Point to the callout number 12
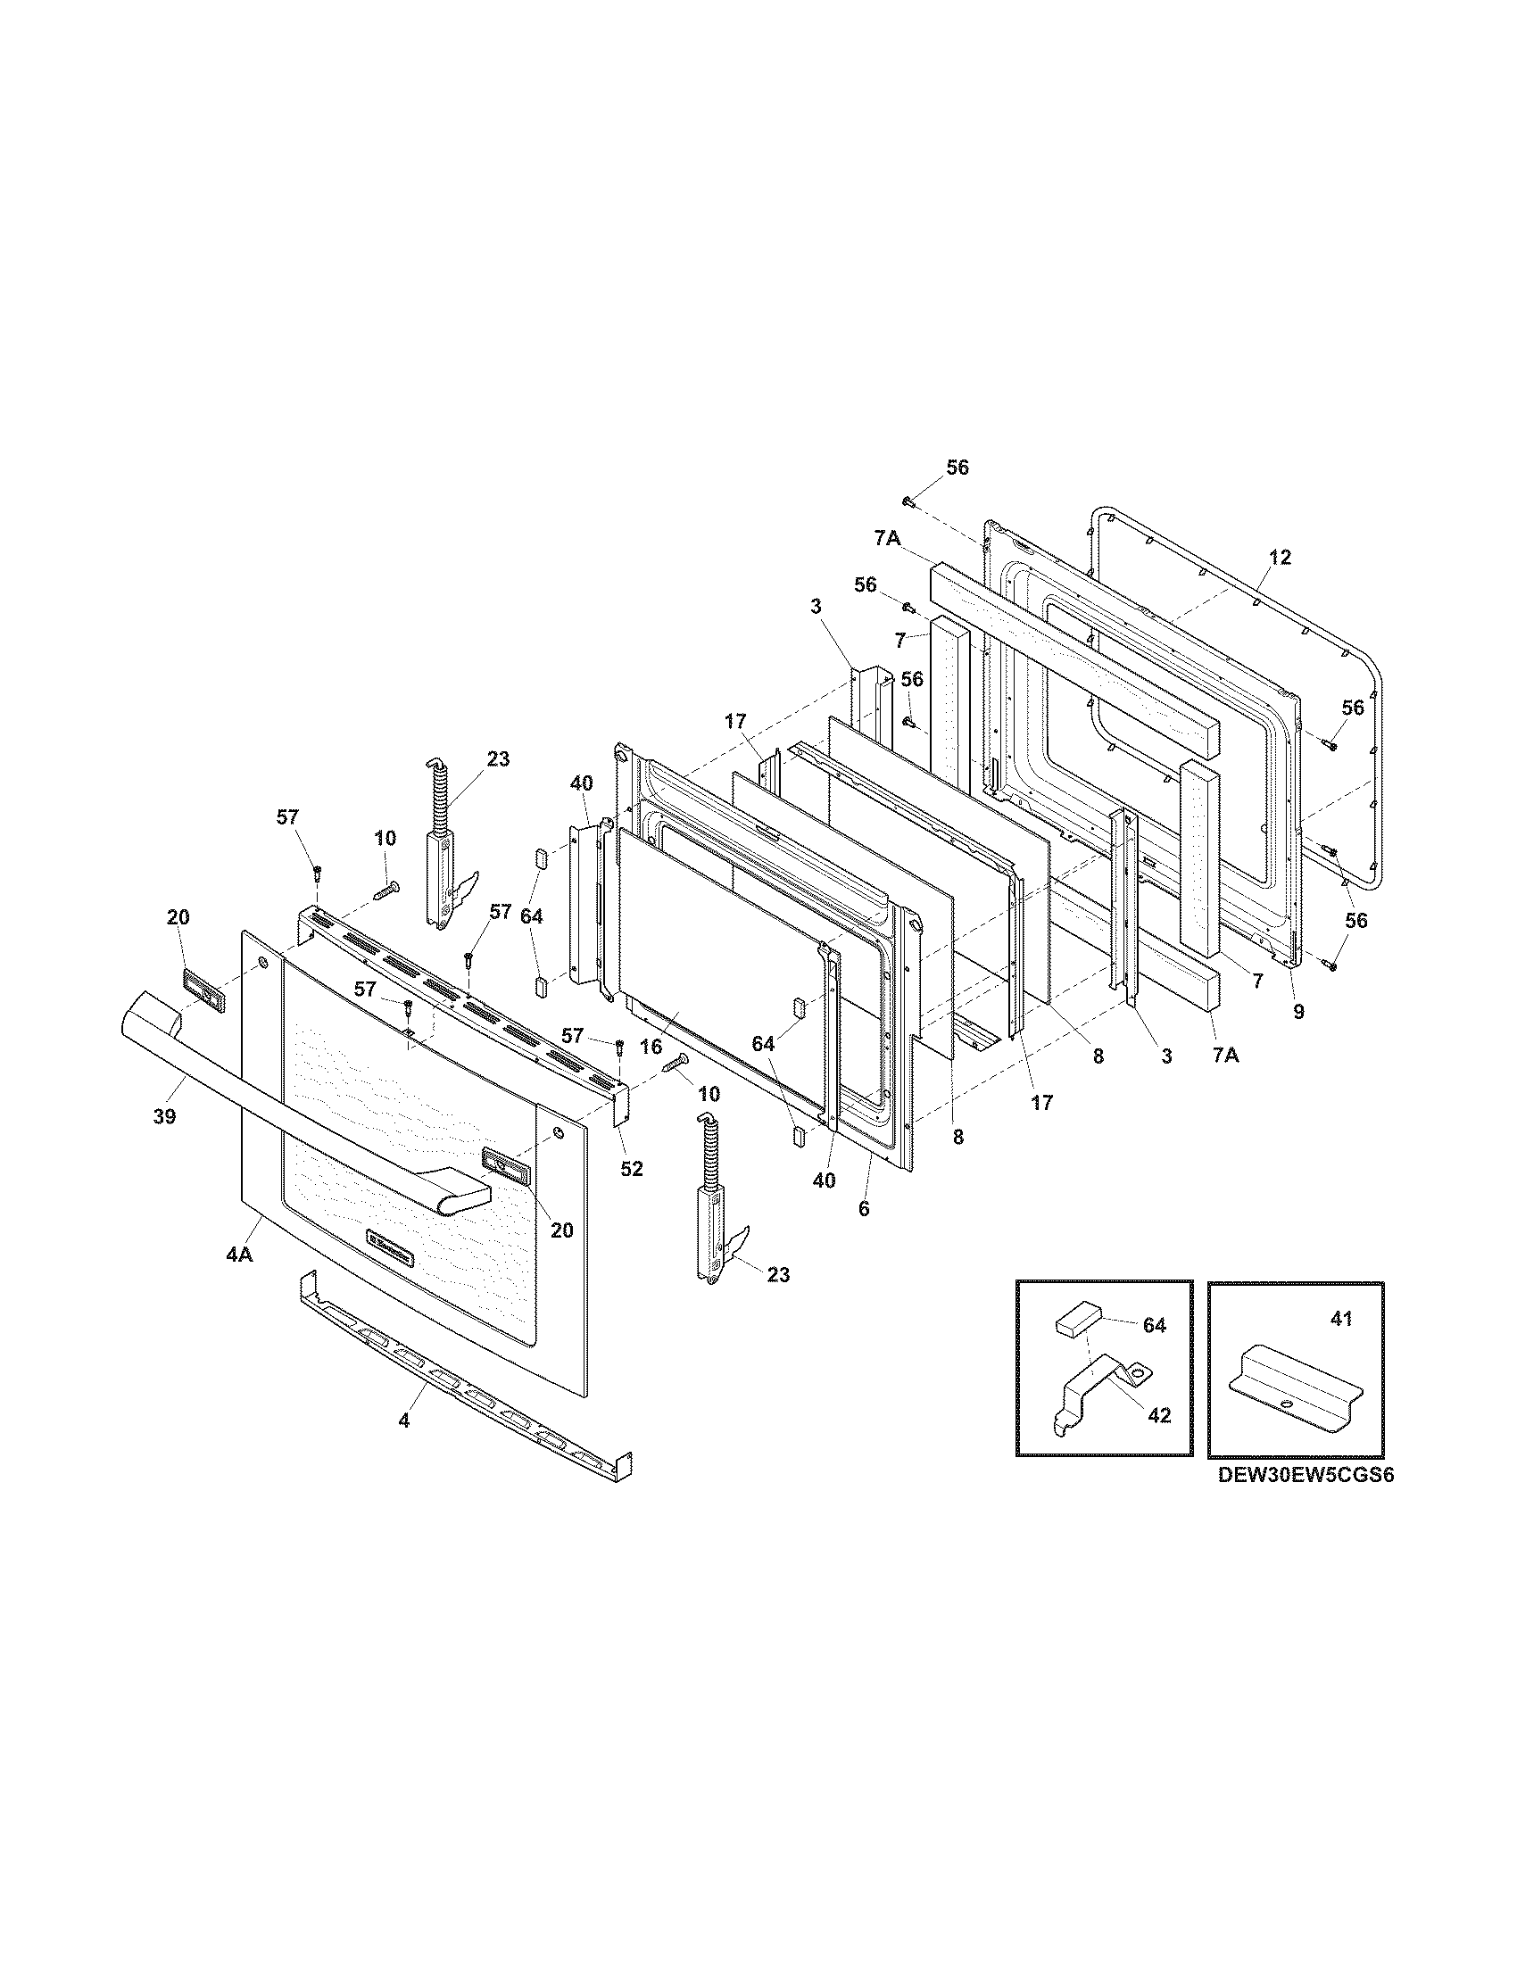click(x=1280, y=558)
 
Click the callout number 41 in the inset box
click(x=1341, y=1320)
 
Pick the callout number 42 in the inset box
click(x=1159, y=1415)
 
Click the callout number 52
click(x=632, y=1169)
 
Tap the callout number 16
click(x=651, y=1047)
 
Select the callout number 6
click(x=864, y=1209)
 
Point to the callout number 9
click(x=1297, y=1012)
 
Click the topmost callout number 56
click(x=958, y=468)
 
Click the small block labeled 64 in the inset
click(x=1075, y=1323)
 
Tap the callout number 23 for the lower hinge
click(x=778, y=1274)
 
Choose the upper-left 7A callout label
click(x=887, y=537)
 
